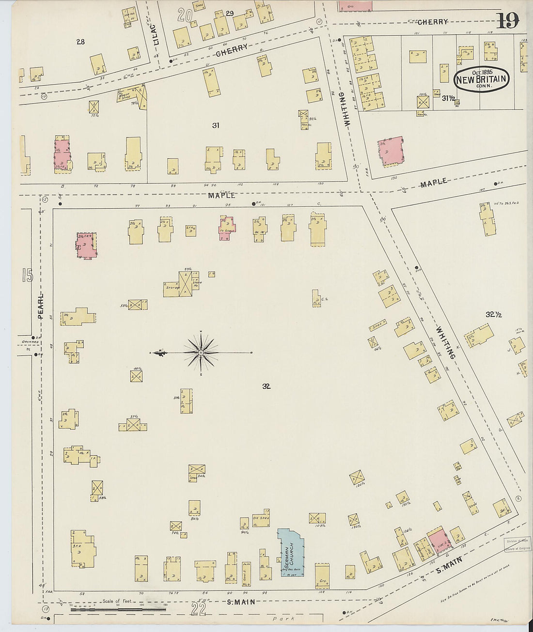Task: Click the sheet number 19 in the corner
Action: click(x=507, y=20)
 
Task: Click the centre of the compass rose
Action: click(x=201, y=353)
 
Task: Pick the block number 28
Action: click(x=80, y=42)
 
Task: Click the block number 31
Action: click(x=216, y=125)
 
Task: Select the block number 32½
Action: click(x=493, y=315)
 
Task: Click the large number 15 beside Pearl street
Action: click(x=28, y=276)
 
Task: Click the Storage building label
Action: click(x=172, y=288)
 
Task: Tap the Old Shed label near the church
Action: click(x=261, y=518)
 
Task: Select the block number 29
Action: click(x=230, y=14)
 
